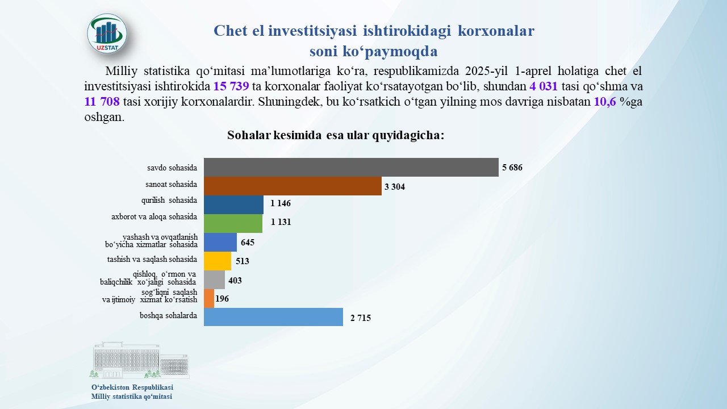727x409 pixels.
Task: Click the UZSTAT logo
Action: coord(107,34)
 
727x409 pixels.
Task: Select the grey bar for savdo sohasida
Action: coord(351,167)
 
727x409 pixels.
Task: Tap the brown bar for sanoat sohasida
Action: coord(293,186)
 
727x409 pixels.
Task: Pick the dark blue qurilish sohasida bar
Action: coord(233,204)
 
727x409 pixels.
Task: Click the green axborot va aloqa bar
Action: coord(233,223)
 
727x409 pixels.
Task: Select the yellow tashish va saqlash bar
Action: coord(218,261)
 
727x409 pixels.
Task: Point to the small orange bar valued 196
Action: coord(209,298)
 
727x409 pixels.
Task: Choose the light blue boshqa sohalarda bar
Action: coord(273,317)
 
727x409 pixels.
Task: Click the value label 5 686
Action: coord(512,168)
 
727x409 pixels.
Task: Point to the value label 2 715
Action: coord(360,318)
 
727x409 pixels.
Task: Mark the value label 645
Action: coord(248,243)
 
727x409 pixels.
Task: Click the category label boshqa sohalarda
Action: coord(168,316)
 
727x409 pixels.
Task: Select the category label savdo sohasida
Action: coord(172,168)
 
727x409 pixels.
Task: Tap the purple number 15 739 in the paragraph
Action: coord(231,87)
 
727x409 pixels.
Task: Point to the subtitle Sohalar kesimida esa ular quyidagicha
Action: coord(335,136)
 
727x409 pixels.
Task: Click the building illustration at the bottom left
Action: coord(139,361)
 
